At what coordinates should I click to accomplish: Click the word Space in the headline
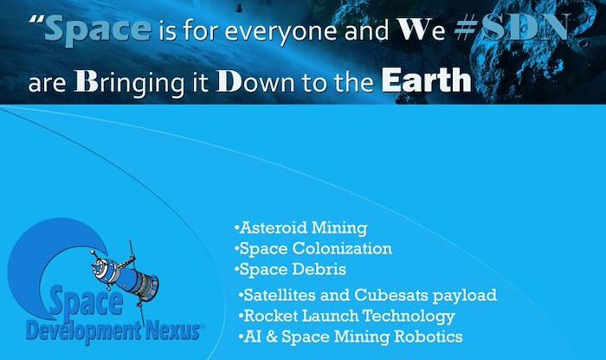[x=98, y=29]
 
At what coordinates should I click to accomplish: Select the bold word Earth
[x=426, y=80]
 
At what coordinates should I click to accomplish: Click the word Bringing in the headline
[x=130, y=83]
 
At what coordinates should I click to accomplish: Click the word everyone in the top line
[x=280, y=32]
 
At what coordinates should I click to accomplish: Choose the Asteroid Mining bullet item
[x=301, y=228]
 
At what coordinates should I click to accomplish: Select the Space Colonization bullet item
[x=313, y=248]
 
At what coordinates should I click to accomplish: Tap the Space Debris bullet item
[x=290, y=269]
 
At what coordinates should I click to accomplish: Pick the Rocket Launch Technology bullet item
[x=346, y=317]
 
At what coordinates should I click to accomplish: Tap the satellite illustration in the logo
[x=125, y=276]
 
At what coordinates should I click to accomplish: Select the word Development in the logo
[x=83, y=332]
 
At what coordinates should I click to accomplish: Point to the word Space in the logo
[x=86, y=302]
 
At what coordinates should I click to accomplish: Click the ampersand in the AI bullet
[x=272, y=337]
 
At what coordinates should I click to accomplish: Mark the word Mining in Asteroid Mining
[x=339, y=228]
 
